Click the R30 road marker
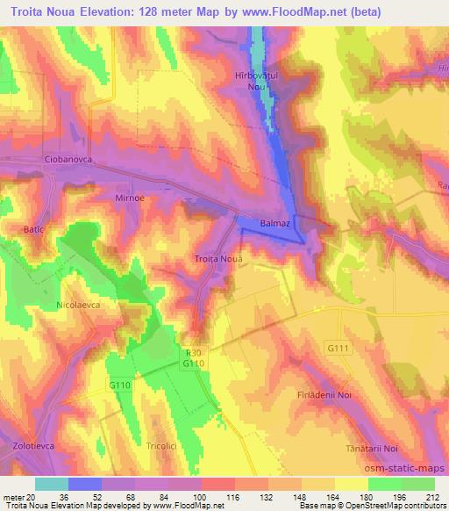(x=193, y=351)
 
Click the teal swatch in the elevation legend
(x=52, y=484)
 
